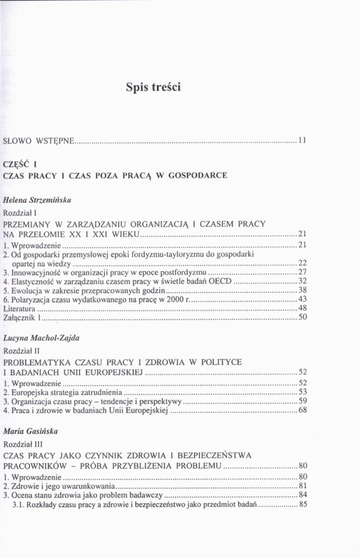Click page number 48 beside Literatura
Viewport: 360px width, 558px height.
click(302, 308)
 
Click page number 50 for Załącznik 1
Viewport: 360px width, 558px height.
click(302, 318)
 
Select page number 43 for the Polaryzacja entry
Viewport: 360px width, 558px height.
click(302, 299)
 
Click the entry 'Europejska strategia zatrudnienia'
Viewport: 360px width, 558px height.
click(65, 392)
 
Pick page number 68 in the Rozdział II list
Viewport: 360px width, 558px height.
click(302, 410)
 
